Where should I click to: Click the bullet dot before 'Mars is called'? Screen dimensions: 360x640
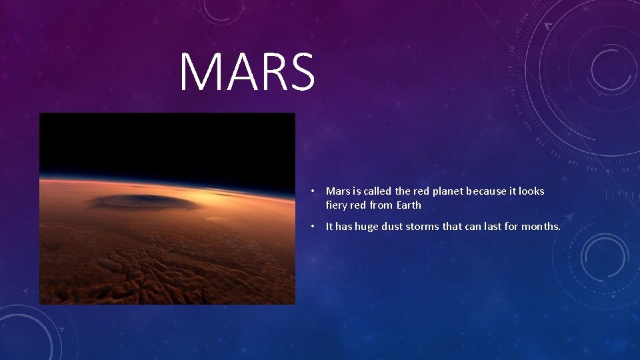(x=312, y=191)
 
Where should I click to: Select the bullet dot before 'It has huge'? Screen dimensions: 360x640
(x=312, y=227)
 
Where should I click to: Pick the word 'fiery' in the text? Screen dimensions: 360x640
(x=337, y=205)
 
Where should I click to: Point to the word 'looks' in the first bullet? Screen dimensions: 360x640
(x=531, y=191)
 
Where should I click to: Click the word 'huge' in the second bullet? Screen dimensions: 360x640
(x=366, y=227)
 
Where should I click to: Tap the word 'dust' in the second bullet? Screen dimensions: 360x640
(x=394, y=227)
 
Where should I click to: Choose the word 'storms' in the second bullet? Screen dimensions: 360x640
(x=425, y=227)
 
